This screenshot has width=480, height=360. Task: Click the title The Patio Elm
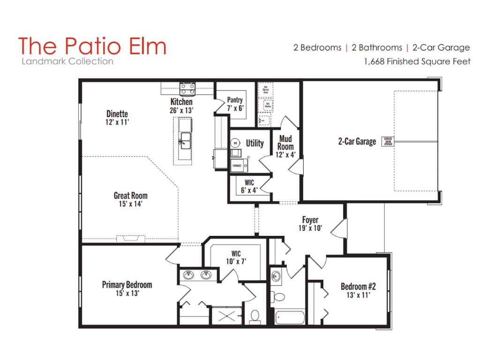(x=92, y=46)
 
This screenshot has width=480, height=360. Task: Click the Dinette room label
(x=117, y=114)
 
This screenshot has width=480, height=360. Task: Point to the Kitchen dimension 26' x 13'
(x=181, y=110)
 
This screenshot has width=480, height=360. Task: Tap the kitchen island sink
(x=184, y=139)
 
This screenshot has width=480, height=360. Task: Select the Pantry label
(x=234, y=100)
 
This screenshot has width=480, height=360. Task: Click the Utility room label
(x=255, y=143)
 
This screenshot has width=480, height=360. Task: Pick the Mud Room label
(x=285, y=142)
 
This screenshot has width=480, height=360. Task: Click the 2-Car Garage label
(x=357, y=142)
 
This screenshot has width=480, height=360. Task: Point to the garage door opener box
(x=388, y=142)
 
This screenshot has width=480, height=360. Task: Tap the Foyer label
(x=310, y=220)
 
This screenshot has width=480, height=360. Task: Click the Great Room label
(x=130, y=195)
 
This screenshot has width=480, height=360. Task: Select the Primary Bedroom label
(x=127, y=285)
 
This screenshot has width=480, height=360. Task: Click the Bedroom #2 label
(x=358, y=286)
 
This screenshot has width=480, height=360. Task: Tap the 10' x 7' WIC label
(x=236, y=258)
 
